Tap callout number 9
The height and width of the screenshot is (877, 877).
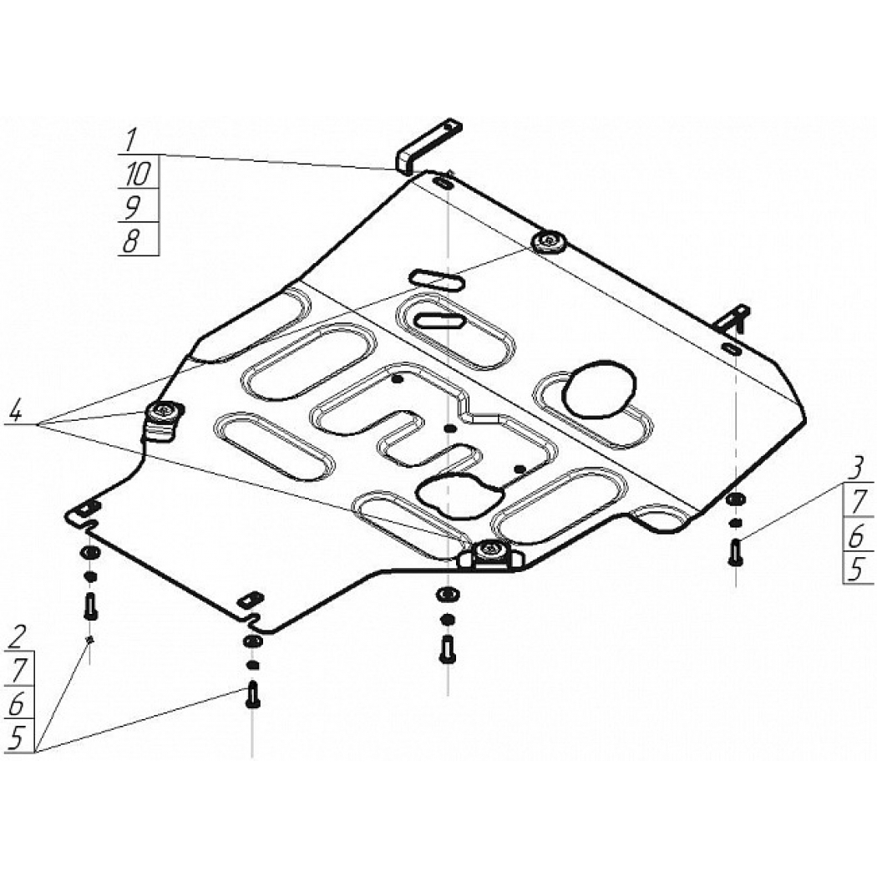click(x=131, y=208)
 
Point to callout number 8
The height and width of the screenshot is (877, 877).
click(x=131, y=241)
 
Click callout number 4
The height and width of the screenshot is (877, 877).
click(x=15, y=413)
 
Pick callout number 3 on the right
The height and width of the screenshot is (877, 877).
click(x=856, y=469)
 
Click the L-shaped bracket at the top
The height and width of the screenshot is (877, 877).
click(x=428, y=145)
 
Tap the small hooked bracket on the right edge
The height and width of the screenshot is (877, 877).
click(x=734, y=319)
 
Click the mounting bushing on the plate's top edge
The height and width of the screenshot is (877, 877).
click(x=549, y=241)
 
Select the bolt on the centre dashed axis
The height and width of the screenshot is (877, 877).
click(x=446, y=649)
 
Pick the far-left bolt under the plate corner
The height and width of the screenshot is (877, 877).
click(x=90, y=606)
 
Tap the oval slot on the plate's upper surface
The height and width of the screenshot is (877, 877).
click(x=437, y=280)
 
